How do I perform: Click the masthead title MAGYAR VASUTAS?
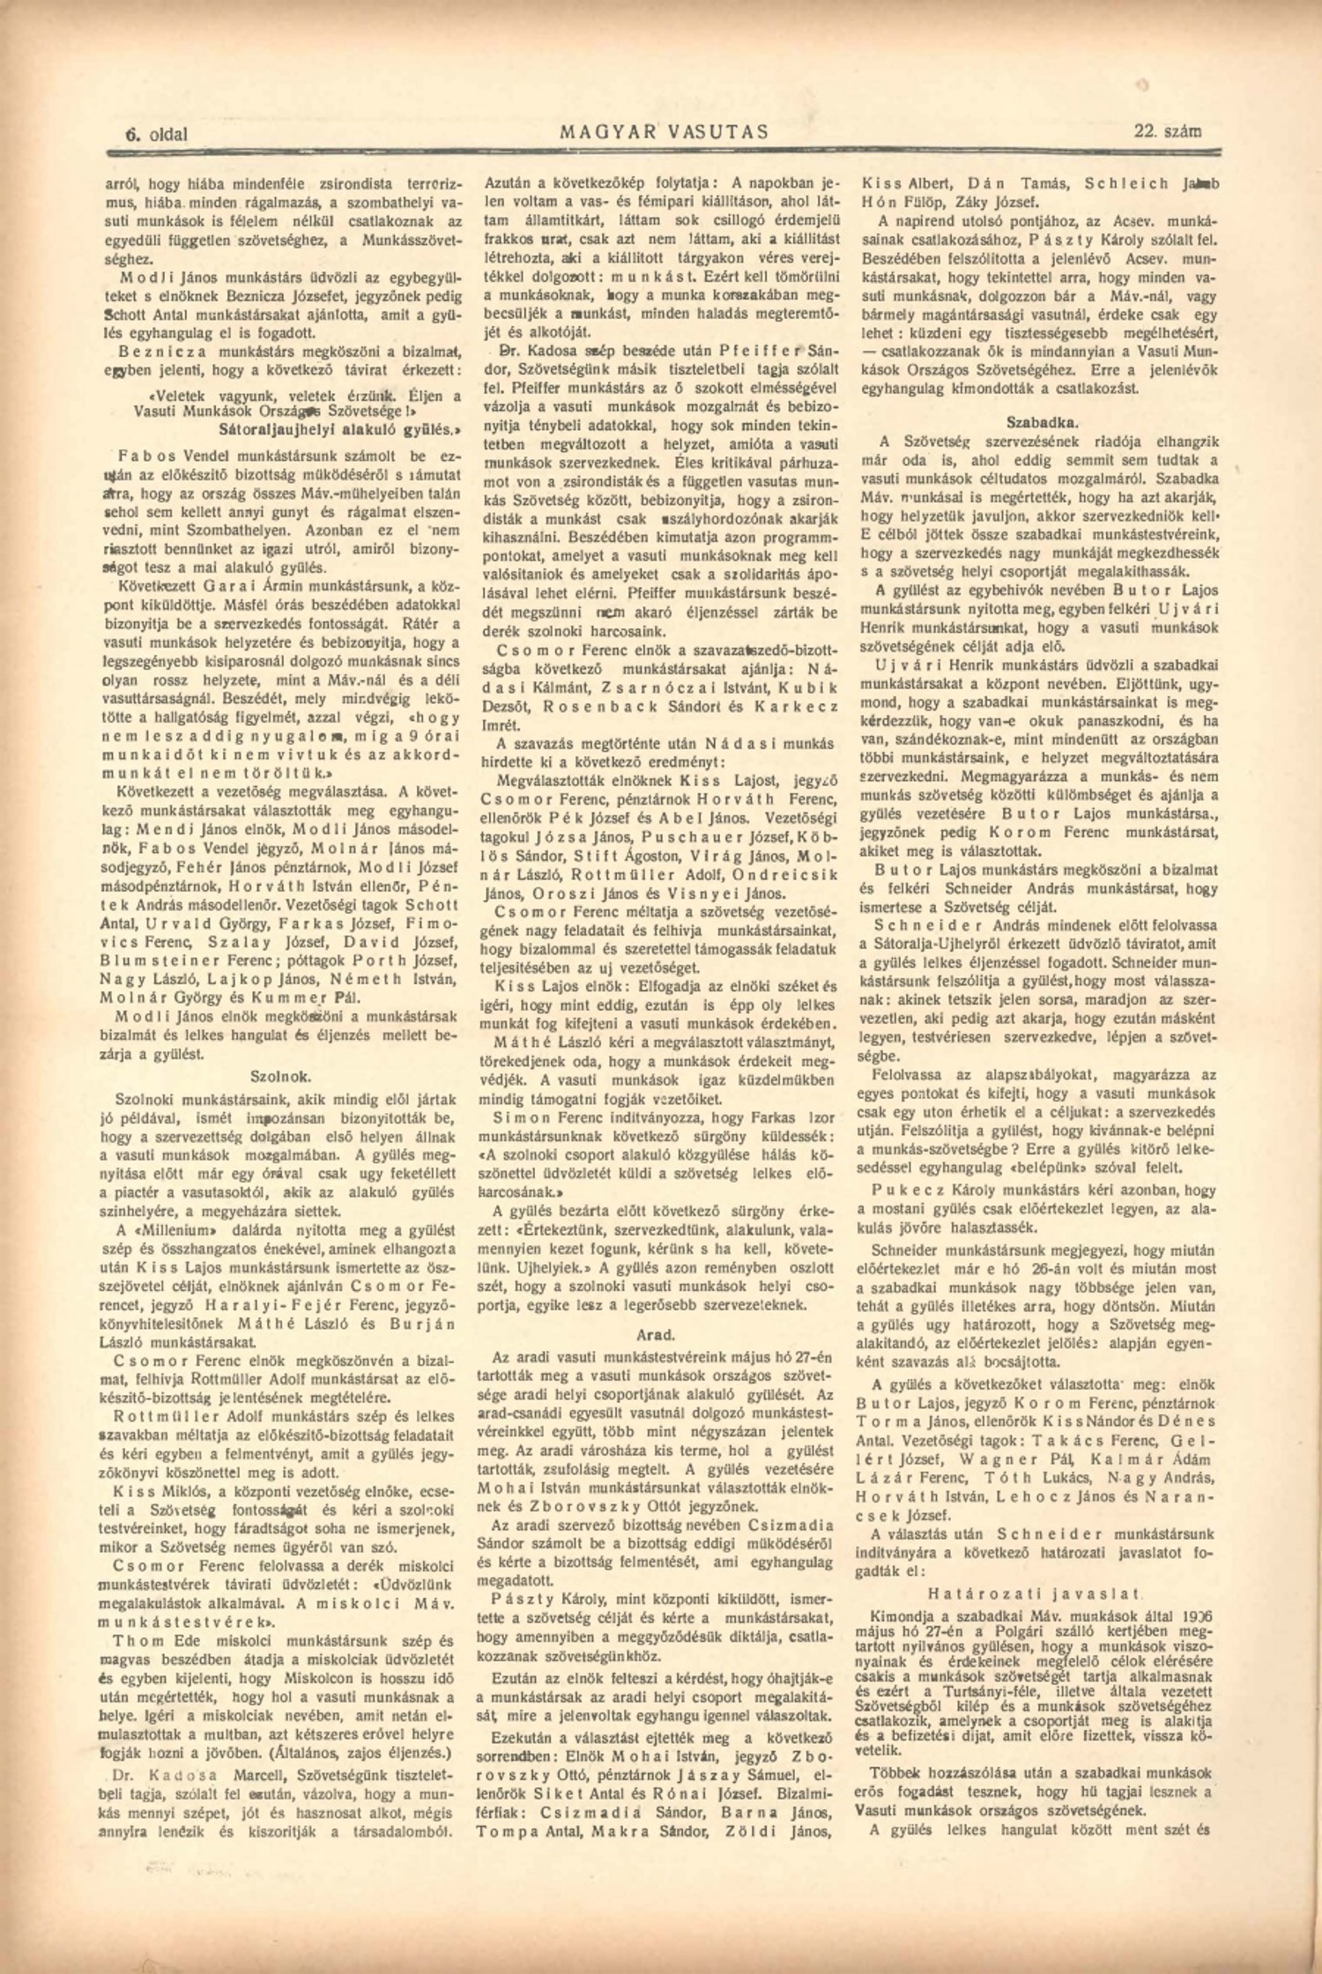click(x=664, y=132)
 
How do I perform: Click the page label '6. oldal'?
click(x=156, y=134)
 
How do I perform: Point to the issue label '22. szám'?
click(x=1167, y=131)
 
